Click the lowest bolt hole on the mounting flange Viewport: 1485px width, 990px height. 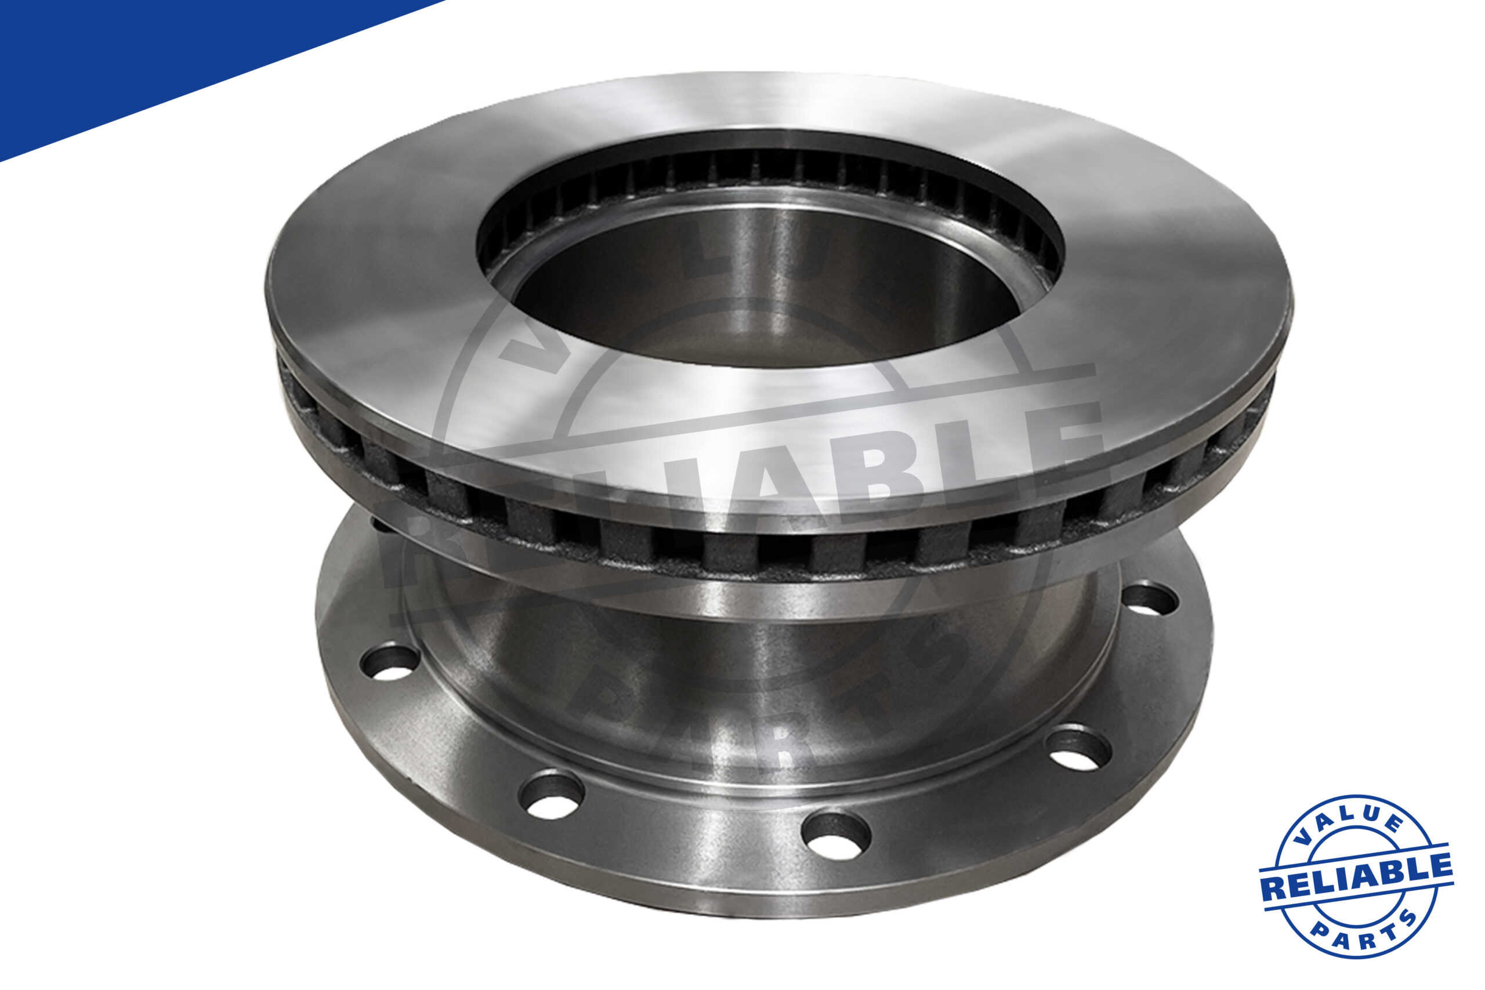coord(835,836)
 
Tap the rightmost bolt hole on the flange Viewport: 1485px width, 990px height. coord(1150,600)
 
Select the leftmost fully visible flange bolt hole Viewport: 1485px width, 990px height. coord(390,662)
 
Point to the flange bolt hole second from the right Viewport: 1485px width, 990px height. coord(1078,750)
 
